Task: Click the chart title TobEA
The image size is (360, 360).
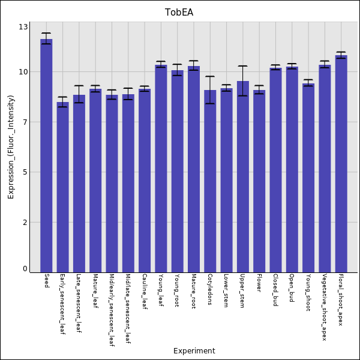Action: [x=179, y=13]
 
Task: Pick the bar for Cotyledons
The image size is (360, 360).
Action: [x=210, y=181]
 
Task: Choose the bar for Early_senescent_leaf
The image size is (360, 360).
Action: [x=62, y=187]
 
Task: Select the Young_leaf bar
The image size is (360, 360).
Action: [x=161, y=168]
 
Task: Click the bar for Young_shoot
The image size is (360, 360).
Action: [x=308, y=178]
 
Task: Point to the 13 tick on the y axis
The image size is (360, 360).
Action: [x=23, y=27]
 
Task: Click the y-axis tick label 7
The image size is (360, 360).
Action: [x=25, y=122]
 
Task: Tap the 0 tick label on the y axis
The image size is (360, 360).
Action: [x=25, y=269]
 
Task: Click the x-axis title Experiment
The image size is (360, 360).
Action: [x=194, y=351]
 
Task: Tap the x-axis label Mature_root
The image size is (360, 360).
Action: [x=193, y=292]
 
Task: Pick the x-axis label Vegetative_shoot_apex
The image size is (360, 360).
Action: [x=325, y=307]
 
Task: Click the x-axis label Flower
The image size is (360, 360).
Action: [x=259, y=282]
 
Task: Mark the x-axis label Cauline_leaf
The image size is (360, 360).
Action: [x=144, y=292]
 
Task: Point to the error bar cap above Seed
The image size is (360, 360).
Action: [x=46, y=33]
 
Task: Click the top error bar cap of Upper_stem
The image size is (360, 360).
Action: [x=242, y=66]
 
